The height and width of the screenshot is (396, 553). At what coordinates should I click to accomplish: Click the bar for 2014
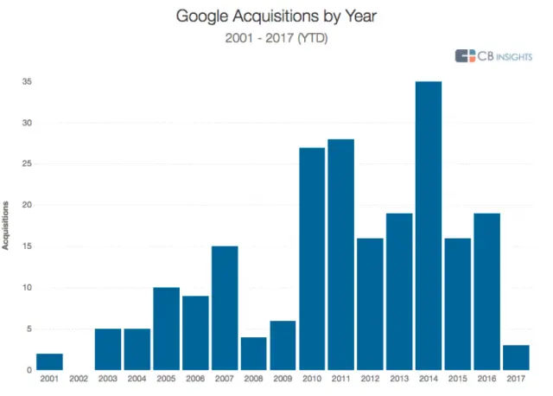[429, 226]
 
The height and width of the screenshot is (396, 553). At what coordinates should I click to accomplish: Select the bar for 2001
[49, 361]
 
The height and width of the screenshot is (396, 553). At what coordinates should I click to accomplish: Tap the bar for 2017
[516, 357]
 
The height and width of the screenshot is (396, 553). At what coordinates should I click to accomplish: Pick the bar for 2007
[225, 308]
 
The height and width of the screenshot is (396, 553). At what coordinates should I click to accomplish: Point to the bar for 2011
[341, 254]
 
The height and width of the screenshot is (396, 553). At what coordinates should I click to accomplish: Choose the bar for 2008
[254, 354]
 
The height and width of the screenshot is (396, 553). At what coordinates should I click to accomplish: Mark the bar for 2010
[312, 259]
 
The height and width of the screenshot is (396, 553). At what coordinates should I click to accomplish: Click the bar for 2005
[166, 329]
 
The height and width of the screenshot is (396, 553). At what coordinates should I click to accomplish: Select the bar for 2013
[399, 291]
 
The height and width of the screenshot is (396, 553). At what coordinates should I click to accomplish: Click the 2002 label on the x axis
[79, 379]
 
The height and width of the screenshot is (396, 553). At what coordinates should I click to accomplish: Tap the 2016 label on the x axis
[486, 379]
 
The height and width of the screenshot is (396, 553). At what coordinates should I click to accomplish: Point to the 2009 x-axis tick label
[283, 379]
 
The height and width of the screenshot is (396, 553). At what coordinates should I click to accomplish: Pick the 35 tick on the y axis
[27, 82]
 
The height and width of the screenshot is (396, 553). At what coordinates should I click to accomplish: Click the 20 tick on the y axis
[27, 206]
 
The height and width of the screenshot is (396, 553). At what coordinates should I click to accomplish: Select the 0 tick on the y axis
[29, 370]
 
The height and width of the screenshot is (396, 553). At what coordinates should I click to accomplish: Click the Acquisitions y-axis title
[7, 226]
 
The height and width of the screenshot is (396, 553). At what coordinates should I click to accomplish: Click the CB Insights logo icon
[466, 56]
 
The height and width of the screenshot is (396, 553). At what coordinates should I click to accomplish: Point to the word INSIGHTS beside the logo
[512, 56]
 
